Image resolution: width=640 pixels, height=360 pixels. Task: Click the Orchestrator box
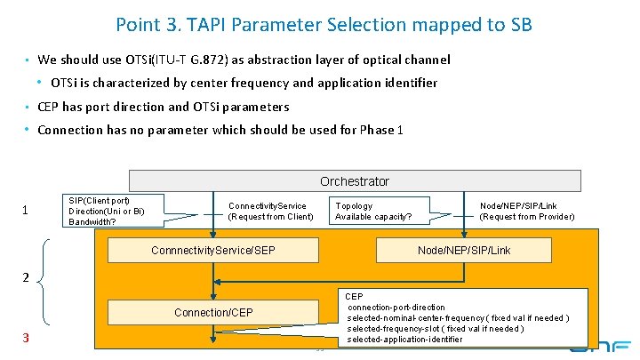355,181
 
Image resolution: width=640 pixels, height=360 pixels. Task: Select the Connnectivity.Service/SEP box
212,251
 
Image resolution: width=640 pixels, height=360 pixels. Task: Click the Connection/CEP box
212,312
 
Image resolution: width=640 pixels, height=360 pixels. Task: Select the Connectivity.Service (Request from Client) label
270,212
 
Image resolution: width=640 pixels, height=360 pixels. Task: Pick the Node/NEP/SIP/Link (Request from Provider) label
526,212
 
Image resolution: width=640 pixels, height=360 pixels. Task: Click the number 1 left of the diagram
26,211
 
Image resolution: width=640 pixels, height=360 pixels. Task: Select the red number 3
26,338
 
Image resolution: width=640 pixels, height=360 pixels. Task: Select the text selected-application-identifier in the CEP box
404,340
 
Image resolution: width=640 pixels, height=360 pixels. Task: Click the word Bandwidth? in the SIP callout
92,222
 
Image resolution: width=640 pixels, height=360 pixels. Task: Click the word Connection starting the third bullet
70,131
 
